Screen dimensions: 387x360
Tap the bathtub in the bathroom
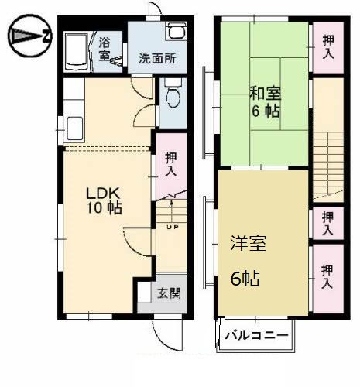(x=77, y=52)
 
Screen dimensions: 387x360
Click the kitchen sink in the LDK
(x=76, y=126)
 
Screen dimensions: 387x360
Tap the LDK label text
(x=101, y=192)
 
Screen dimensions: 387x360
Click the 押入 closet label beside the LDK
(x=171, y=164)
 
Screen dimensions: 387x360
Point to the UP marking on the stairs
(x=171, y=227)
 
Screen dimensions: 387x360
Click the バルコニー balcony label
(x=258, y=336)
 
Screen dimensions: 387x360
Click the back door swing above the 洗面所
(x=155, y=11)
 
